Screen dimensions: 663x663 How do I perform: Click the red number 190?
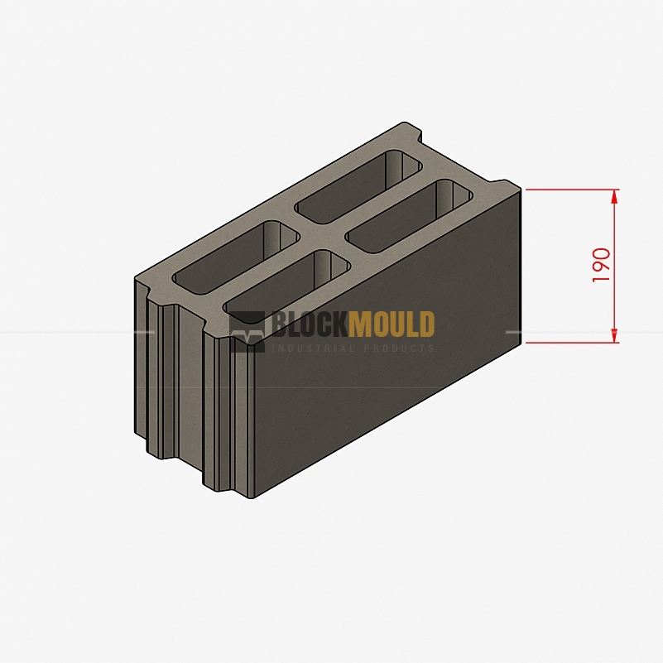pyautogui.click(x=601, y=266)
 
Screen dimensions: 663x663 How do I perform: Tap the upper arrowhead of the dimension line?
pyautogui.click(x=614, y=199)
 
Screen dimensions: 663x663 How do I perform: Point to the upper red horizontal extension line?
pyautogui.click(x=573, y=190)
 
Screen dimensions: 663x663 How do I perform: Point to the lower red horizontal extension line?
pyautogui.click(x=573, y=343)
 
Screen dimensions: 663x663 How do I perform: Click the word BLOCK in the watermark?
pyautogui.click(x=309, y=324)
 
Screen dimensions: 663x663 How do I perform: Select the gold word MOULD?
pyautogui.click(x=392, y=324)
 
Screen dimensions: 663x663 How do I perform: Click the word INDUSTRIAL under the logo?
pyautogui.click(x=313, y=348)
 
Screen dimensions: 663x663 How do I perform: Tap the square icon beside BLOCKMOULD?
pyautogui.click(x=247, y=331)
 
